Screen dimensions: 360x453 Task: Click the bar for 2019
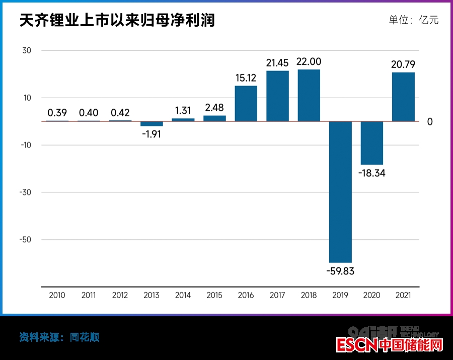point(340,191)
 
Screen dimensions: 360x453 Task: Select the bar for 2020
point(372,143)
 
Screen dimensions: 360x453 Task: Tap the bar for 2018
point(309,96)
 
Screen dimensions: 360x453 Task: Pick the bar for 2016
point(246,104)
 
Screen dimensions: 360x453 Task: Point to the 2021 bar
point(403,97)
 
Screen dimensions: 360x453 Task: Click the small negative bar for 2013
point(152,124)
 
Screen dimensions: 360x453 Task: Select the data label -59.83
point(340,271)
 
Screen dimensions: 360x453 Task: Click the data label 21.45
point(277,63)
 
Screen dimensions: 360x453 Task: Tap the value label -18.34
point(372,173)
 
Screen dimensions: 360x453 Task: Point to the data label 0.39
point(57,113)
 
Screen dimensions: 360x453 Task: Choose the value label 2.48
point(214,108)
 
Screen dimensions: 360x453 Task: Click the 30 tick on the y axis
point(27,50)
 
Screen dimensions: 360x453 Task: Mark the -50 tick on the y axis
point(25,240)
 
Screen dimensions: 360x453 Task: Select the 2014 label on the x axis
point(183,296)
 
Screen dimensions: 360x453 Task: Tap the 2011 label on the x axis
point(89,296)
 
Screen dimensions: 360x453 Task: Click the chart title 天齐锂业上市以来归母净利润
point(117,21)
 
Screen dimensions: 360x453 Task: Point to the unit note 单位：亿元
point(414,20)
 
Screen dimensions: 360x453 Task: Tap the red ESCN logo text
point(357,346)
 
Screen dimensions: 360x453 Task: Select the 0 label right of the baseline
point(430,122)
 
